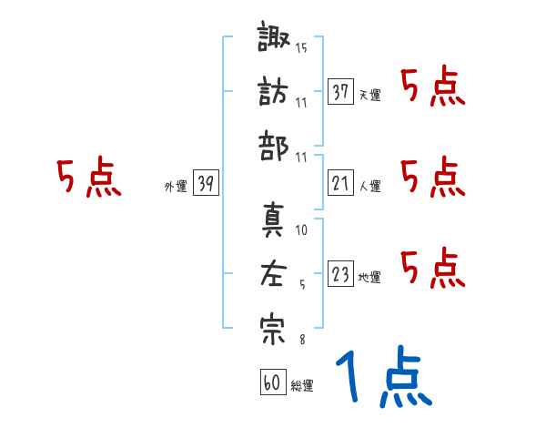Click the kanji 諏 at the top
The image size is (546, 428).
273,41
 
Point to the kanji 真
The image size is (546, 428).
273,221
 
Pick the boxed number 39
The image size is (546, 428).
207,184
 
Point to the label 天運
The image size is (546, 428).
369,95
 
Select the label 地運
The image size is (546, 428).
369,277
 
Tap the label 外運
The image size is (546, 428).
176,187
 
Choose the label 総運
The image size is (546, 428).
302,386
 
